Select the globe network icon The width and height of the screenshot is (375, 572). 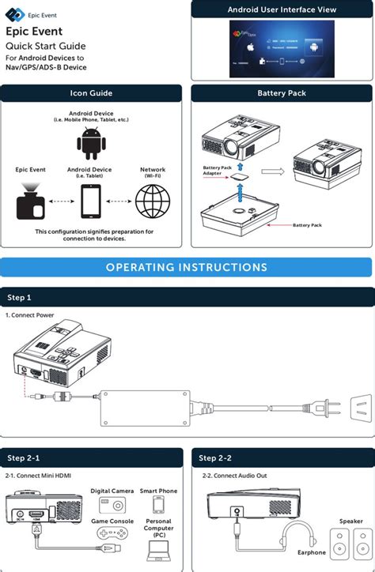pyautogui.click(x=153, y=201)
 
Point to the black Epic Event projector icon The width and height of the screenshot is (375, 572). pyautogui.click(x=31, y=202)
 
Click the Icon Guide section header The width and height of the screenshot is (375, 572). pyautogui.click(x=91, y=93)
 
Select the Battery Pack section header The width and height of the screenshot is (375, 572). pyautogui.click(x=281, y=93)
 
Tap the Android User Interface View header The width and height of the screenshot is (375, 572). pyautogui.click(x=281, y=9)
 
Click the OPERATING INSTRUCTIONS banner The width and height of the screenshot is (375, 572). pyautogui.click(x=187, y=267)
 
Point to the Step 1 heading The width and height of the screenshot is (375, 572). pyautogui.click(x=19, y=298)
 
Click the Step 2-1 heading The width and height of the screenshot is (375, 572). pyautogui.click(x=24, y=458)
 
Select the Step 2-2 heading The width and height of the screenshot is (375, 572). pyautogui.click(x=215, y=458)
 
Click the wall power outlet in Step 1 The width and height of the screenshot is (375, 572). pyautogui.click(x=361, y=408)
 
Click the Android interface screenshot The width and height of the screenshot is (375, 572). pyautogui.click(x=281, y=47)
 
